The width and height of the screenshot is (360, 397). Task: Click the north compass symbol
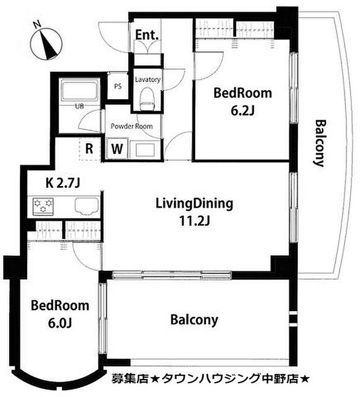pos(46,44)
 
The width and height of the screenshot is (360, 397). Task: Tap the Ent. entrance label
pos(147,35)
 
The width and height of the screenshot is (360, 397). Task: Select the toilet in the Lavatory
pos(147,99)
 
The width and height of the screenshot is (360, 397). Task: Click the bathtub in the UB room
pos(79,91)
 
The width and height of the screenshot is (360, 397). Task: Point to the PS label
pos(118,86)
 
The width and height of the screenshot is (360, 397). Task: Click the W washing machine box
pos(117,149)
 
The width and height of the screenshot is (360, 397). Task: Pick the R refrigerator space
pos(89,149)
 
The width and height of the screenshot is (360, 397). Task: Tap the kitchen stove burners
pos(43,206)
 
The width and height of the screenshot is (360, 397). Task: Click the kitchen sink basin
pos(86,206)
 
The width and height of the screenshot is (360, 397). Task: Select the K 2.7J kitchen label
pos(63,183)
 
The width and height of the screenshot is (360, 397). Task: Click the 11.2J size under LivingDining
pos(194,221)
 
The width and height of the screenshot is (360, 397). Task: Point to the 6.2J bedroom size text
pos(243,110)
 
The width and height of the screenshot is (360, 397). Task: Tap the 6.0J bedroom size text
pos(60,323)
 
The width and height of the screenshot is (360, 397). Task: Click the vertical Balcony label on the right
pos(320,143)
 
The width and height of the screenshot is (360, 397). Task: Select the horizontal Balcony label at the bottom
pos(194,320)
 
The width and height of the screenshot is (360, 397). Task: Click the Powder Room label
pos(132,126)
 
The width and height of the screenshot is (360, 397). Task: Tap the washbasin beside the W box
pos(145,150)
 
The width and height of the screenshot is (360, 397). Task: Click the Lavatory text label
pos(148,80)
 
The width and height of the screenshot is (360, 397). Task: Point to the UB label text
pos(79,106)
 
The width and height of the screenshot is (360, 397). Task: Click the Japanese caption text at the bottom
pos(210,378)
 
